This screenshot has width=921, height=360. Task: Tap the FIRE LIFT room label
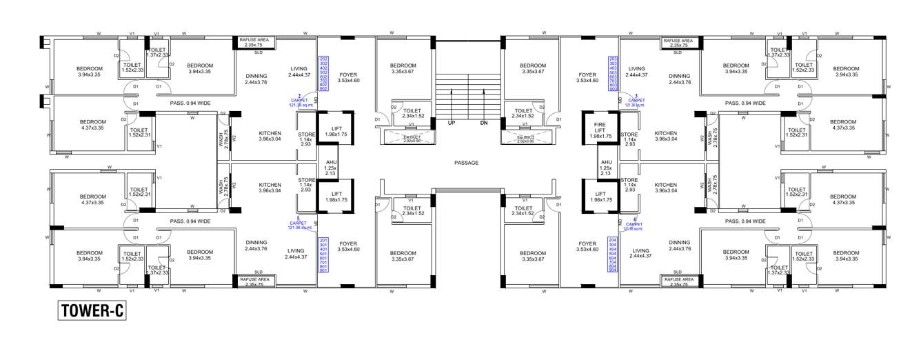[x=600, y=130]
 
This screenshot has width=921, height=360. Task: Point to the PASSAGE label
[x=466, y=163]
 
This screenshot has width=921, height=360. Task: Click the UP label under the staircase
[x=452, y=123]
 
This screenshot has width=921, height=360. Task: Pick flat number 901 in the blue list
[x=323, y=270]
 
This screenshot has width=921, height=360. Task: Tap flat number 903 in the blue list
[x=614, y=89]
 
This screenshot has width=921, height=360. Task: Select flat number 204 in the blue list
[x=614, y=239]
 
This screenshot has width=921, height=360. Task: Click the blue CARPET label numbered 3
[x=635, y=101]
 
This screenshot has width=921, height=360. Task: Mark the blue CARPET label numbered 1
[x=298, y=223]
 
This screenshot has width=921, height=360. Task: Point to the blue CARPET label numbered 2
[x=298, y=101]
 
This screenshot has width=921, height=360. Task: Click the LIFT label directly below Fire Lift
[x=600, y=197]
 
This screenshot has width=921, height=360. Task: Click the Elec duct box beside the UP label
[x=406, y=139]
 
